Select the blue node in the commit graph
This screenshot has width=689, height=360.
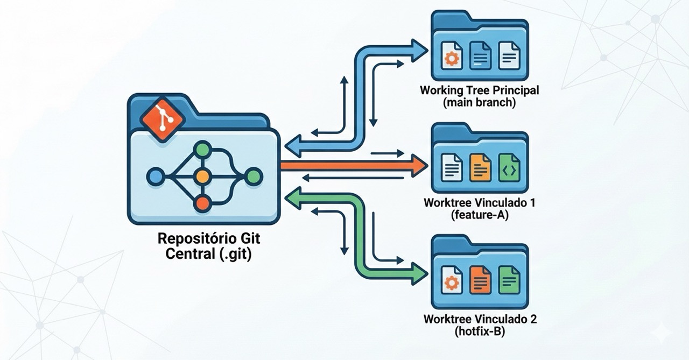click(x=155, y=176)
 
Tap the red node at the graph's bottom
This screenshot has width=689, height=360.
click(x=202, y=203)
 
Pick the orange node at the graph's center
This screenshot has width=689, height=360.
click(x=202, y=176)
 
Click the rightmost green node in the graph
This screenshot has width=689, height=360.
click(x=254, y=176)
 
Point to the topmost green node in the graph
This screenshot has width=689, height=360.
click(x=202, y=149)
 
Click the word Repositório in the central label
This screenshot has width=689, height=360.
click(x=192, y=237)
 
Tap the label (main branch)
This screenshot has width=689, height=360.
click(x=479, y=103)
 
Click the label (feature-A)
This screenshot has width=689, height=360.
click(x=479, y=216)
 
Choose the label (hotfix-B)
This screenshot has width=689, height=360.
click(x=480, y=331)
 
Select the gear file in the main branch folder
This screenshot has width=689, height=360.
click(x=451, y=55)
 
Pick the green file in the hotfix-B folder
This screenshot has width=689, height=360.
click(x=509, y=279)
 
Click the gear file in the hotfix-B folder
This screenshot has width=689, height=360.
click(x=451, y=280)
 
